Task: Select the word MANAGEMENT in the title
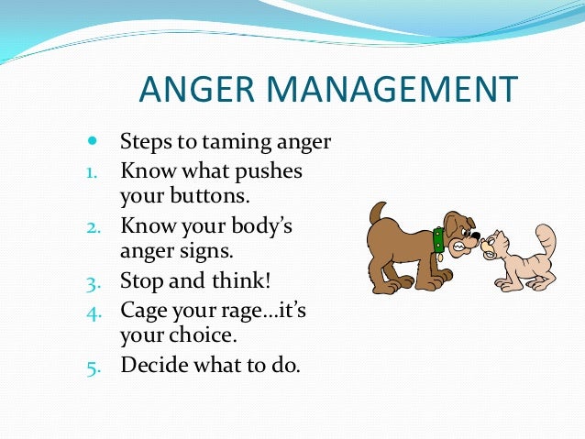pyautogui.click(x=401, y=91)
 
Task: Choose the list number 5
pyautogui.click(x=92, y=366)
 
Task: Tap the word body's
pyautogui.click(x=259, y=225)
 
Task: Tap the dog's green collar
pyautogui.click(x=438, y=239)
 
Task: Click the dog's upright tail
pyautogui.click(x=376, y=216)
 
